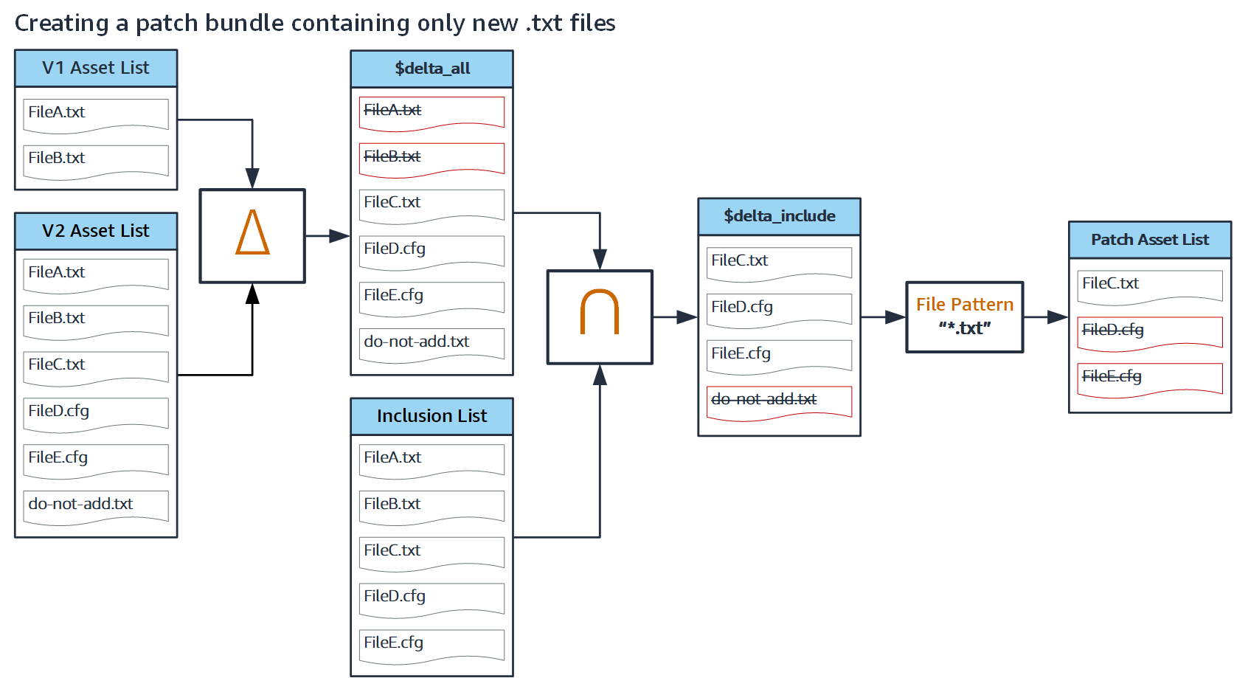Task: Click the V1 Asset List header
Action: coord(96,68)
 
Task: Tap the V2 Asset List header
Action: coord(96,231)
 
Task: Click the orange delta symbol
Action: coord(252,232)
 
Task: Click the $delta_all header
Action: coord(431,69)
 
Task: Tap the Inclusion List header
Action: coord(431,416)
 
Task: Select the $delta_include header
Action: coord(779,216)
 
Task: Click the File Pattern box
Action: coord(964,316)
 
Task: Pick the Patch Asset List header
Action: coord(1149,240)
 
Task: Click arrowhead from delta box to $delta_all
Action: coord(340,236)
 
